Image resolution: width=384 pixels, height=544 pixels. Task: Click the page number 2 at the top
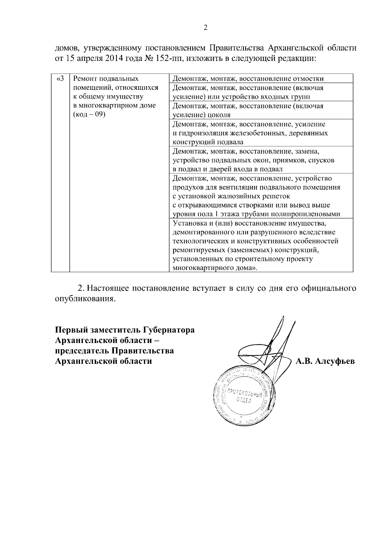tap(205, 28)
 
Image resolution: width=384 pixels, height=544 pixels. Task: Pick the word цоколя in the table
tap(219, 115)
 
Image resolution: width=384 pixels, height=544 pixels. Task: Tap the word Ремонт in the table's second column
tap(84, 79)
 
